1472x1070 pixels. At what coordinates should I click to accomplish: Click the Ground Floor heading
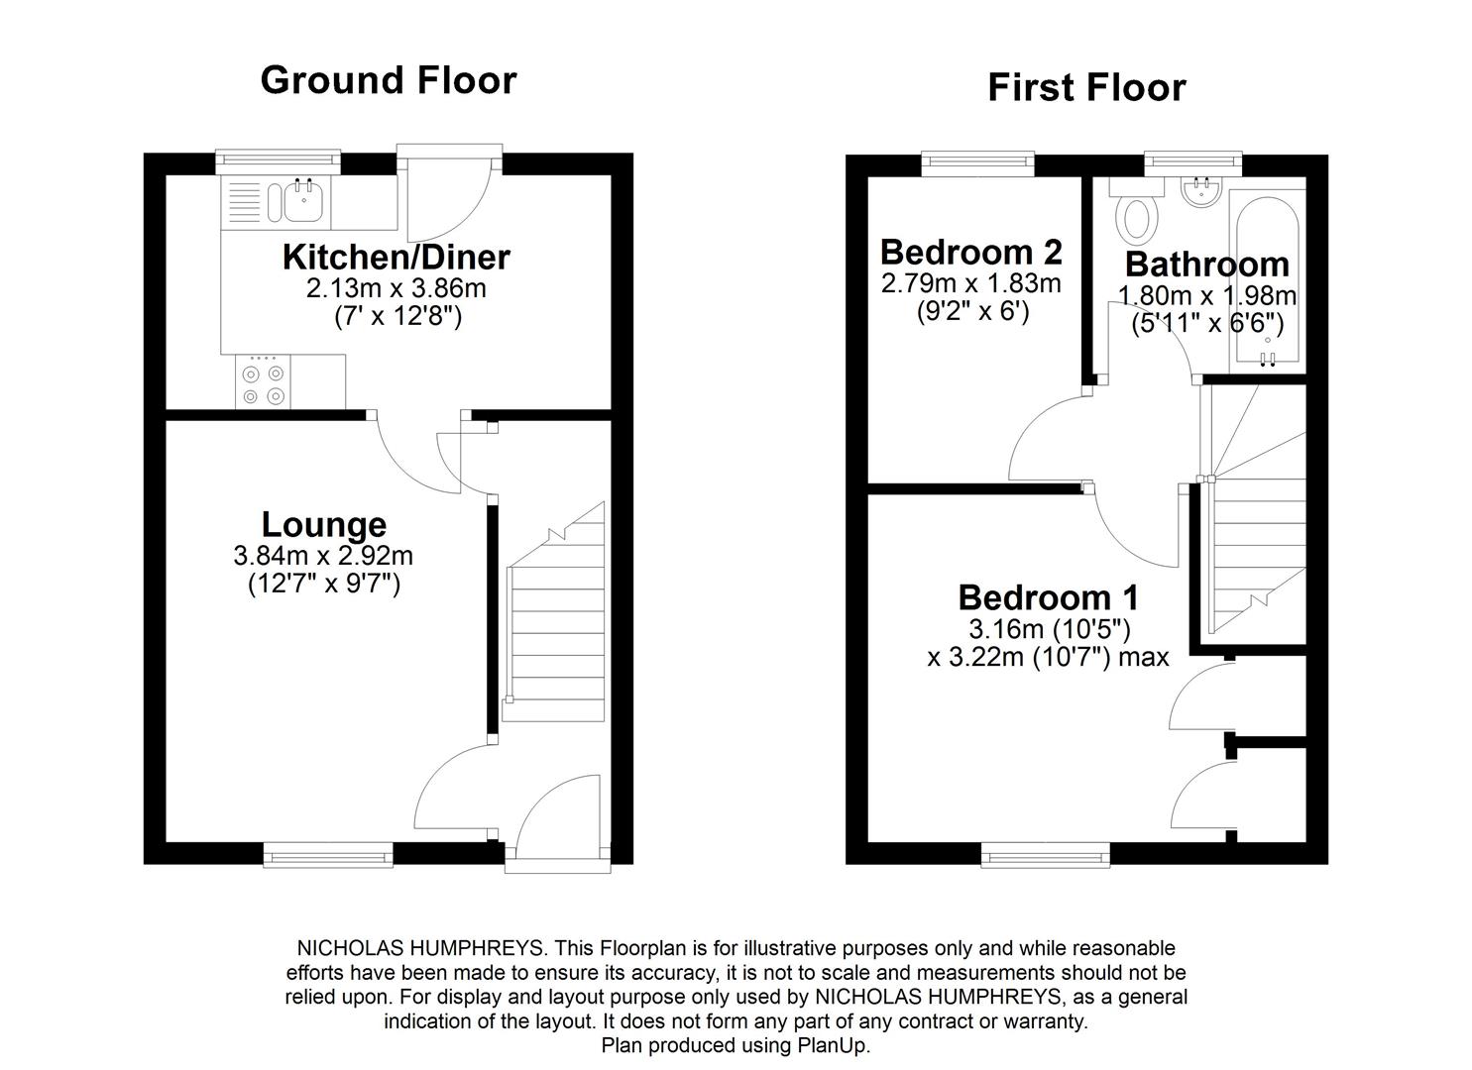tap(388, 80)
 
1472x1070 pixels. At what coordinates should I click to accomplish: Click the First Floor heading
tap(1086, 88)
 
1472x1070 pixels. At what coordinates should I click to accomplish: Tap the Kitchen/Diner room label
tap(396, 257)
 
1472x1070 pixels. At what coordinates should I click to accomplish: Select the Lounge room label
tap(323, 524)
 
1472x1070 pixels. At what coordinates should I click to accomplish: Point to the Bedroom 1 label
tap(1048, 597)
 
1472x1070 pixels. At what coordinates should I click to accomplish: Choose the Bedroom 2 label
tap(970, 252)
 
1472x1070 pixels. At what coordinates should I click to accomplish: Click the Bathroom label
tap(1206, 265)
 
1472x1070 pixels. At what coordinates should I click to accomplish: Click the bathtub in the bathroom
tap(1267, 277)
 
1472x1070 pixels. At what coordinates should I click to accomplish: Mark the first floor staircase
tap(1254, 535)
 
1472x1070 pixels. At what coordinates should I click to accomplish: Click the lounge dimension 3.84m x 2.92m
tap(323, 556)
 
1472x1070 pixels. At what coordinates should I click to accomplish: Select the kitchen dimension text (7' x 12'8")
tap(396, 317)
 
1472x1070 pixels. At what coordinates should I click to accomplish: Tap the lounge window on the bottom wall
tap(328, 853)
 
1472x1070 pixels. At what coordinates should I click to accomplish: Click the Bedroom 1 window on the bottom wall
tap(1046, 853)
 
